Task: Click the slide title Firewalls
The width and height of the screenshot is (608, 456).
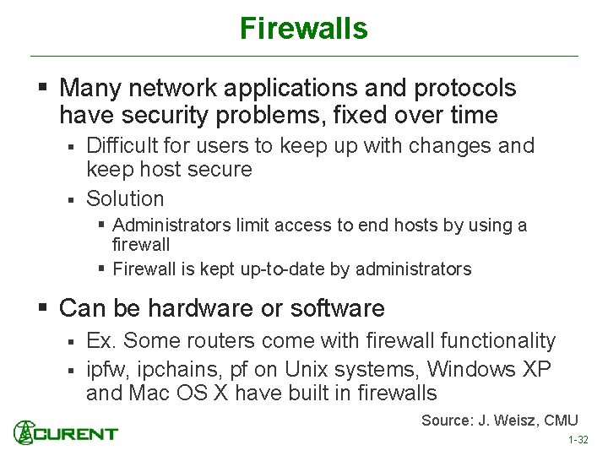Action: [303, 29]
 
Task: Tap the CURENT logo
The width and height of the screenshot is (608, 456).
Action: [66, 434]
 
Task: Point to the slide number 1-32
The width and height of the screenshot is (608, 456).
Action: [578, 441]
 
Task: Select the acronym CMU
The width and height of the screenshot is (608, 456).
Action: [560, 421]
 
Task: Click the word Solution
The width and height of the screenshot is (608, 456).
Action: [125, 199]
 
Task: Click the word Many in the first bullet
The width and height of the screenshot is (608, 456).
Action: [90, 88]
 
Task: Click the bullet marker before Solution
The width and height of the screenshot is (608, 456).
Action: [72, 200]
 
